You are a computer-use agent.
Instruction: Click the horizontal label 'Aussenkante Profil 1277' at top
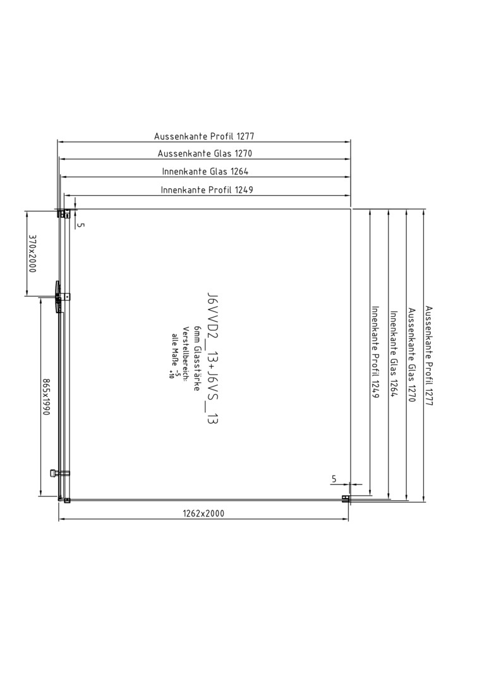[204, 136]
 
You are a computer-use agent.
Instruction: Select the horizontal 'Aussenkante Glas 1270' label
[205, 153]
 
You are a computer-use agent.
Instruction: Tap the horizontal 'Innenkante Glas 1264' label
[205, 171]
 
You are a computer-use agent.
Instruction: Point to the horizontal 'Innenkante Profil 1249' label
[207, 189]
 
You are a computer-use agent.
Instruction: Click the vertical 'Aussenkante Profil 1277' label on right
[429, 356]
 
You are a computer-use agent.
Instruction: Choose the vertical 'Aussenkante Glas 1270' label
[411, 355]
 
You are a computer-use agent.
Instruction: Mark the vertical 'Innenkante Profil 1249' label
[375, 352]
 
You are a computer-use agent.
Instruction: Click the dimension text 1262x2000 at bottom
[203, 513]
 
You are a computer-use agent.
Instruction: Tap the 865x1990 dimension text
[46, 397]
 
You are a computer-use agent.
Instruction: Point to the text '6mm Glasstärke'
[197, 358]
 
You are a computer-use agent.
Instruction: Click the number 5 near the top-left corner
[82, 225]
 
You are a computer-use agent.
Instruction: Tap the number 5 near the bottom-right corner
[334, 479]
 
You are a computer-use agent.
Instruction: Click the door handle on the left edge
[56, 297]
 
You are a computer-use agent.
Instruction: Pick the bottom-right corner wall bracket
[346, 500]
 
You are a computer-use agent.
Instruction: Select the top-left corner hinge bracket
[64, 213]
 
